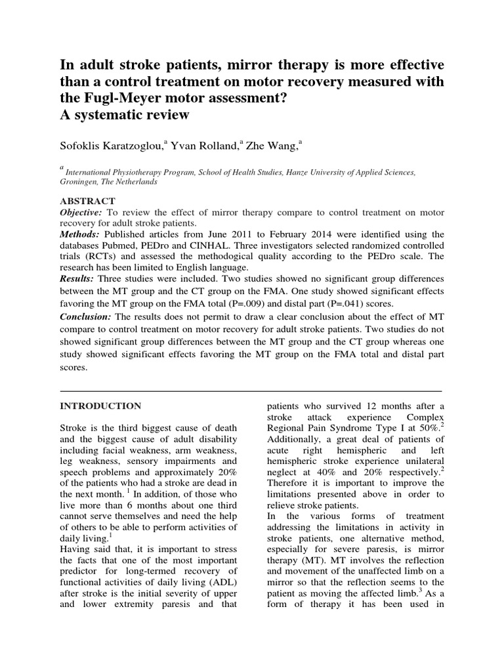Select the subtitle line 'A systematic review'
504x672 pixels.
(x=125, y=115)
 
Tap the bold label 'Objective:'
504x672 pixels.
(x=81, y=213)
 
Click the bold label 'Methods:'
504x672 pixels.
(x=80, y=234)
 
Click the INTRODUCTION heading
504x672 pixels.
(x=100, y=406)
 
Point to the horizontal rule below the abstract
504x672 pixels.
(x=251, y=391)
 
